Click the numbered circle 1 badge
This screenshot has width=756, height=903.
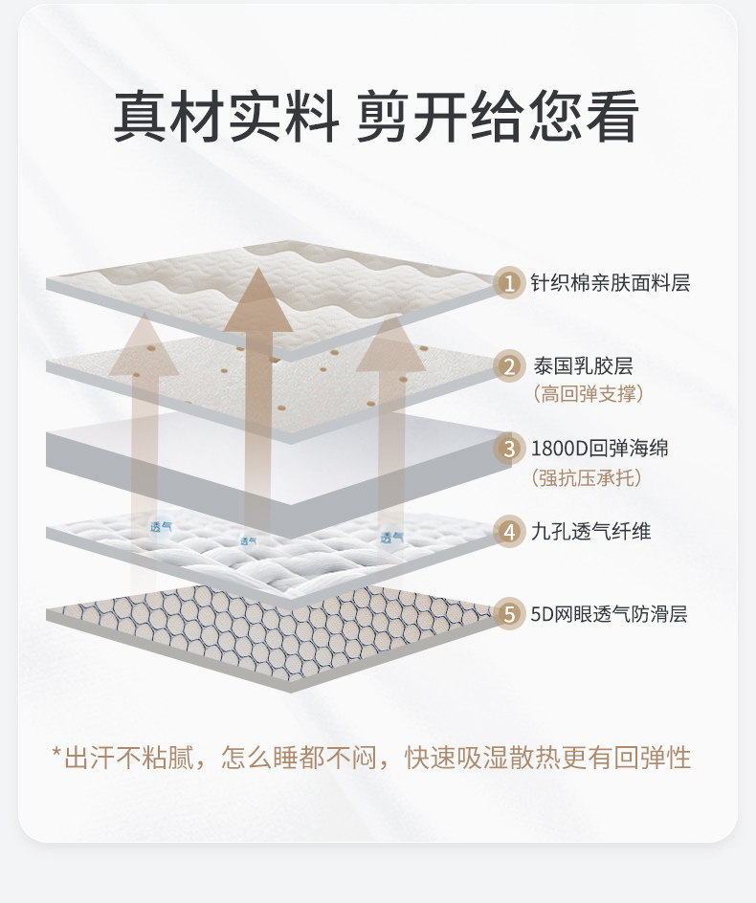pyautogui.click(x=510, y=283)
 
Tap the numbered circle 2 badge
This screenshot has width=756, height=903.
pyautogui.click(x=510, y=365)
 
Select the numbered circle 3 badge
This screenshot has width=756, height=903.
pyautogui.click(x=510, y=449)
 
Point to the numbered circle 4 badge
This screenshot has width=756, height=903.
pyautogui.click(x=510, y=531)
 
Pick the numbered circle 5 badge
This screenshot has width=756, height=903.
pyautogui.click(x=510, y=614)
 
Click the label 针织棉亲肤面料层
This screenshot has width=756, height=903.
pyautogui.click(x=611, y=283)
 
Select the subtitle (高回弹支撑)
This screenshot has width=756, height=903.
pyautogui.click(x=588, y=393)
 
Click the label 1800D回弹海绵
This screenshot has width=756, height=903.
pyautogui.click(x=600, y=449)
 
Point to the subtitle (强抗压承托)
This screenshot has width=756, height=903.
pyautogui.click(x=588, y=476)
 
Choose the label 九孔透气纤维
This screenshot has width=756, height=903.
pyautogui.click(x=591, y=531)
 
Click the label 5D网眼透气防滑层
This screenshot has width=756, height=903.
pyautogui.click(x=610, y=614)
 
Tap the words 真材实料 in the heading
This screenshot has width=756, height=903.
pyautogui.click(x=226, y=120)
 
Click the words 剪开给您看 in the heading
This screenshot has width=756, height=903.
pyautogui.click(x=499, y=120)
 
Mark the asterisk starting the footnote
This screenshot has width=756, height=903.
pyautogui.click(x=56, y=757)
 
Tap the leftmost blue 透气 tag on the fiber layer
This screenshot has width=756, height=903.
pyautogui.click(x=162, y=526)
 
